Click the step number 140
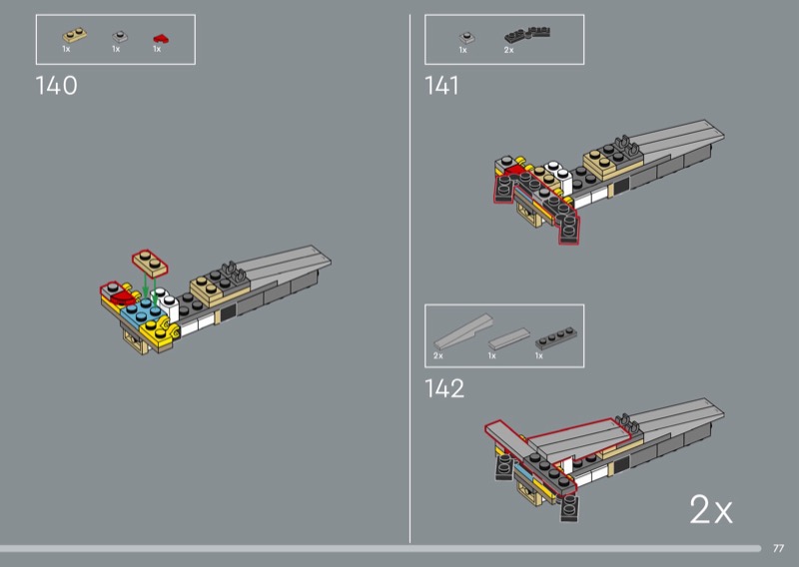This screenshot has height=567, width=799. (x=56, y=86)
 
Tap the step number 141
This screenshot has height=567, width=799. (x=441, y=86)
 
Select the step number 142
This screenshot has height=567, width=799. (x=443, y=388)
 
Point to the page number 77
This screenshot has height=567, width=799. (x=778, y=547)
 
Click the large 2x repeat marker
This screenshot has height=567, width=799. (x=711, y=511)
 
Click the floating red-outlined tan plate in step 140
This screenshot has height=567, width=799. (x=150, y=263)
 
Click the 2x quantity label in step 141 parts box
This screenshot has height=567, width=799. (x=508, y=49)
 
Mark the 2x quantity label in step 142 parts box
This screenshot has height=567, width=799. (x=437, y=355)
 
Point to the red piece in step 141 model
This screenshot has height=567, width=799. (x=512, y=173)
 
